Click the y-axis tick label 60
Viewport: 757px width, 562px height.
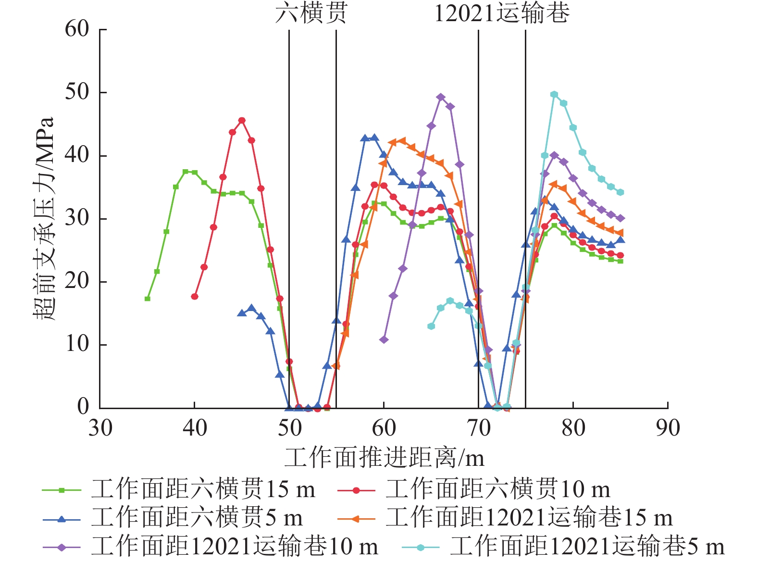click(x=77, y=29)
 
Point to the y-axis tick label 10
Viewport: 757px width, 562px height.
click(x=77, y=345)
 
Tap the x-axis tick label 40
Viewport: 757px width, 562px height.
click(x=195, y=427)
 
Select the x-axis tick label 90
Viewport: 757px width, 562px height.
click(x=668, y=427)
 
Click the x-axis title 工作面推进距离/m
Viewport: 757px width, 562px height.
click(x=385, y=458)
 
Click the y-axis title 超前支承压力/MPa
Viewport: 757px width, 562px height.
click(x=44, y=219)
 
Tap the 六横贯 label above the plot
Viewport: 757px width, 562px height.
click(x=311, y=13)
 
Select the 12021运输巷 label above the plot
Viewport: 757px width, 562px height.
click(x=502, y=13)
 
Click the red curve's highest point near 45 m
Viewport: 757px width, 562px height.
click(x=242, y=120)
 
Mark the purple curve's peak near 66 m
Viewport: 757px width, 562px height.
click(x=441, y=97)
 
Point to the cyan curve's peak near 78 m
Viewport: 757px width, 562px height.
click(x=554, y=94)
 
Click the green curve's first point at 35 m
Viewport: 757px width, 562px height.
click(x=148, y=299)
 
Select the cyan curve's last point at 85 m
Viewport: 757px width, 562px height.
click(x=620, y=192)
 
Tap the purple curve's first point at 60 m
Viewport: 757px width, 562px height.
click(x=384, y=339)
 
